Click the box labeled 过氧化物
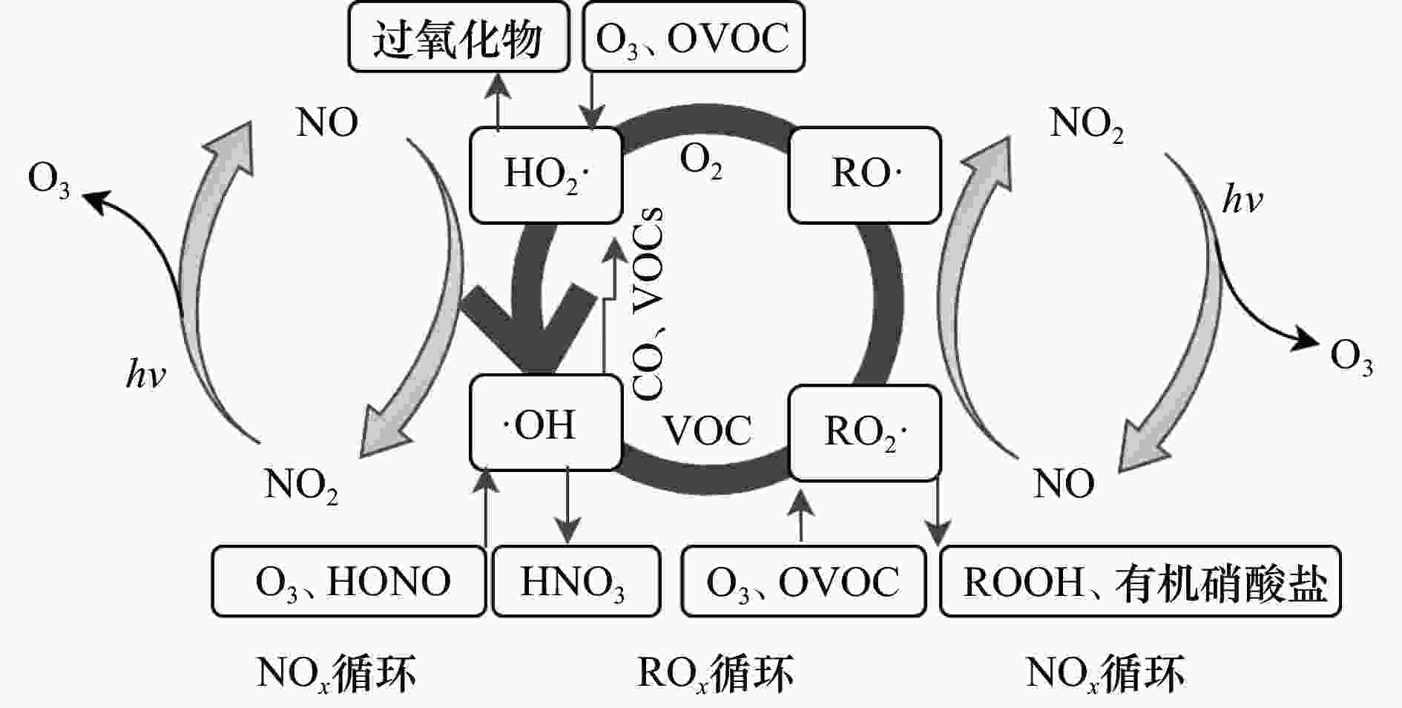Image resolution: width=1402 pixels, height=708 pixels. (458, 37)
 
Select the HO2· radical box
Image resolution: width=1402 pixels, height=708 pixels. (545, 175)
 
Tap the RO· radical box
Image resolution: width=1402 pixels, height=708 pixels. (864, 175)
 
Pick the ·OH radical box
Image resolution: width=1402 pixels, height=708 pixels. (545, 423)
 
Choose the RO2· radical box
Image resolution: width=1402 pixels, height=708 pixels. (864, 432)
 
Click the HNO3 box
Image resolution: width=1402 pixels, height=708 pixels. (576, 582)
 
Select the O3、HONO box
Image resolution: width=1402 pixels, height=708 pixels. (349, 582)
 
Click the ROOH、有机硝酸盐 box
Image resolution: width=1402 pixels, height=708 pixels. (1140, 582)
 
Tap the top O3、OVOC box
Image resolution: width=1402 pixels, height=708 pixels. (693, 37)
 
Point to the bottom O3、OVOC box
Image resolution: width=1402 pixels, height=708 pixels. (803, 582)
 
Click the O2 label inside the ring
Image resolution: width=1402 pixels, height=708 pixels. (701, 161)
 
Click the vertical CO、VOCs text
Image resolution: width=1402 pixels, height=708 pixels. (648, 304)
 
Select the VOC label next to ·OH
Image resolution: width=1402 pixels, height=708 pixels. (706, 430)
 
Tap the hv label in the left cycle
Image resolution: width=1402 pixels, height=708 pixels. (145, 375)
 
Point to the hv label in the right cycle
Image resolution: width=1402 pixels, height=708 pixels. (1242, 200)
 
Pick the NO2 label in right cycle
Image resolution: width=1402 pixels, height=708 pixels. (1086, 124)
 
